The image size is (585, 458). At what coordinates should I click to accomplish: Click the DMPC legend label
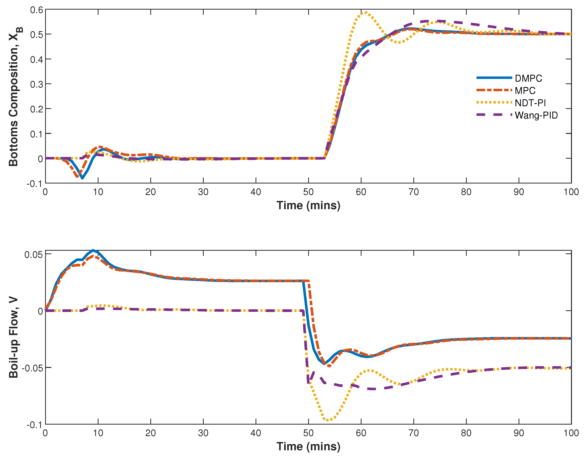528,78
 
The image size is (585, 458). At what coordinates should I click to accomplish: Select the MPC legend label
525,91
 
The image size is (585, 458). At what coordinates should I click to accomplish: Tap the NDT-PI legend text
530,103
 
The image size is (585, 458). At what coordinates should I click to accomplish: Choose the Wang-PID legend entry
536,115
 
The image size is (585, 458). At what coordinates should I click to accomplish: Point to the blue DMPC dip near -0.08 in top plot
82,178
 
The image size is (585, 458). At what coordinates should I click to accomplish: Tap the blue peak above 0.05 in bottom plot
93,251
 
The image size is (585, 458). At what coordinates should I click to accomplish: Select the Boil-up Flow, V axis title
13,337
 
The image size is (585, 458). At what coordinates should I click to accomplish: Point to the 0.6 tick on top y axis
36,10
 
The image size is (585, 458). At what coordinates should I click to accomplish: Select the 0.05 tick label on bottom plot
33,255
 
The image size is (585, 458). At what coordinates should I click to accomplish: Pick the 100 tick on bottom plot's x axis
571,433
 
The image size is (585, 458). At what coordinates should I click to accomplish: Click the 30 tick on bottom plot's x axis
203,433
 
